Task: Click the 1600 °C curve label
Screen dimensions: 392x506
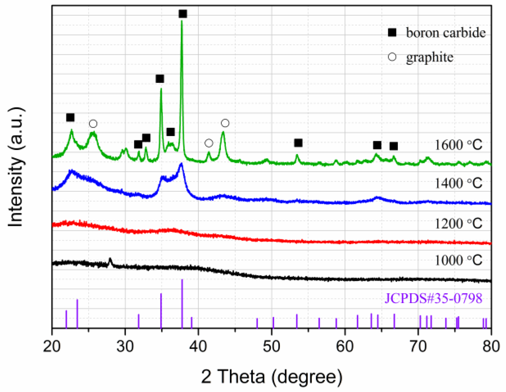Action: [x=458, y=145]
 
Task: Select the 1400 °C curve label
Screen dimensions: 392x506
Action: [x=458, y=183]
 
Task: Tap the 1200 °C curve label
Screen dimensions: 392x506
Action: [x=458, y=224]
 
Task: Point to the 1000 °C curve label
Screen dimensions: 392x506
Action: [x=458, y=260]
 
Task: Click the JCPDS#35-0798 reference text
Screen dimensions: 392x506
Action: [x=433, y=298]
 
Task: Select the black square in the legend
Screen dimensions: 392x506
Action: [x=392, y=33]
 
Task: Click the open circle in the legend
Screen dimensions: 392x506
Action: [x=392, y=57]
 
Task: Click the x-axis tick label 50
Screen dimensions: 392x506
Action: [x=272, y=346]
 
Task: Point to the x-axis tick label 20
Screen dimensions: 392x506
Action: [x=52, y=346]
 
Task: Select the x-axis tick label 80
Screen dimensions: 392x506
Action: [x=491, y=346]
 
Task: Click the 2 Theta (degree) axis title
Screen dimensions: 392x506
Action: [x=272, y=377]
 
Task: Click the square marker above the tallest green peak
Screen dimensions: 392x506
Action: [x=183, y=14]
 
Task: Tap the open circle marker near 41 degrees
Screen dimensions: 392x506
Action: [x=209, y=143]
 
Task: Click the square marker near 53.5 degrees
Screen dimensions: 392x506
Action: [x=298, y=143]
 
